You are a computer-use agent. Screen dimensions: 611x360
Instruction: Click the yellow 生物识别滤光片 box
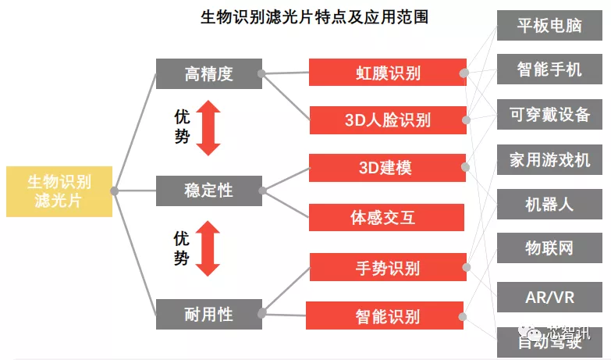(59, 191)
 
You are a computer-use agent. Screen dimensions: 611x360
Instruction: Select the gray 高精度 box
(209, 73)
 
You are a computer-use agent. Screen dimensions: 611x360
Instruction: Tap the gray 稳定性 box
(209, 191)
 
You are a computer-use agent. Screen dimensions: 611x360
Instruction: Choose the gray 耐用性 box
(209, 314)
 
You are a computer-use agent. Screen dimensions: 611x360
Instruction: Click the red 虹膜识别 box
(388, 72)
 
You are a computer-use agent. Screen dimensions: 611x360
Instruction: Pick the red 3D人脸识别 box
(388, 120)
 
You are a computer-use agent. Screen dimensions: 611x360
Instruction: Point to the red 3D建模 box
(387, 168)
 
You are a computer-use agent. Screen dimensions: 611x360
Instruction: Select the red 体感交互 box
(386, 217)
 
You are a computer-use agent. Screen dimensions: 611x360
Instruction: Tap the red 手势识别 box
(388, 267)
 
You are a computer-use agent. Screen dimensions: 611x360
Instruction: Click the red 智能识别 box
(385, 315)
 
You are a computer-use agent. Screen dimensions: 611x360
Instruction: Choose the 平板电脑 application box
(549, 25)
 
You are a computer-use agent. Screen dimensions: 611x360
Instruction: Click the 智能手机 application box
(549, 70)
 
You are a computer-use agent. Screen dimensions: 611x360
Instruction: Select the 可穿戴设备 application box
(549, 114)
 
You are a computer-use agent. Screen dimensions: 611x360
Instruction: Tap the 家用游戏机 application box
(549, 160)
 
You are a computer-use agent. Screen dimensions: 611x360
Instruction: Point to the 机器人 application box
(549, 205)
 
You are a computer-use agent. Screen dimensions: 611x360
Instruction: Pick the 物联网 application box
(549, 248)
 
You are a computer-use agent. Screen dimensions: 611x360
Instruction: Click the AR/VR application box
(549, 298)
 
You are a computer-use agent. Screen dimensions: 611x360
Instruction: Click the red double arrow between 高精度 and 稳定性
(208, 128)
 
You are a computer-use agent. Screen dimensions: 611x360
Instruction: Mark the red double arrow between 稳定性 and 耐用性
(208, 248)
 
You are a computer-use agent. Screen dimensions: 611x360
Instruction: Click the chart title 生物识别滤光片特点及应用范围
(314, 17)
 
